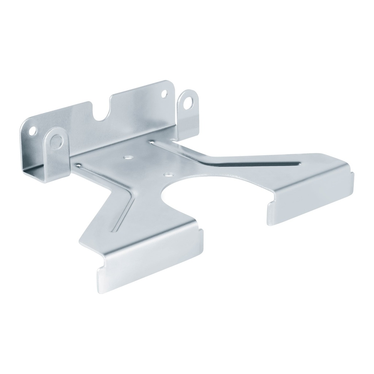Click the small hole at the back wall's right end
point(164,93)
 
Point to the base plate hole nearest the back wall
point(127,157)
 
